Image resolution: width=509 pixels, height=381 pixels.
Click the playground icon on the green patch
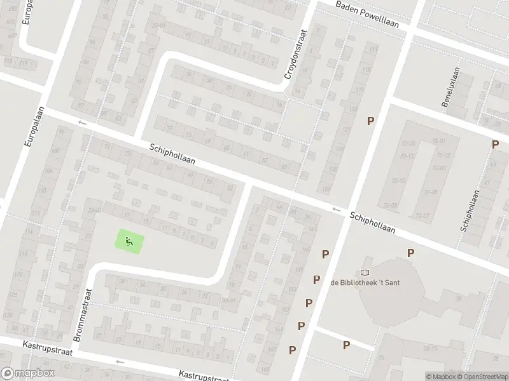[129, 241]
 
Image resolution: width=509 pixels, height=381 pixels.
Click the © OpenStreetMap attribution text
[482, 377]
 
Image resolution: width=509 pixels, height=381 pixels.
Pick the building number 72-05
[431, 192]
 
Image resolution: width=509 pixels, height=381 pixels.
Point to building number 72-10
[400, 181]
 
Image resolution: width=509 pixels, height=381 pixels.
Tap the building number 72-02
[442, 155]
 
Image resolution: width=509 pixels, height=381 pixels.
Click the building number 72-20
[408, 144]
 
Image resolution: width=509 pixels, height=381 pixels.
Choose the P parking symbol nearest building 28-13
[347, 345]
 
